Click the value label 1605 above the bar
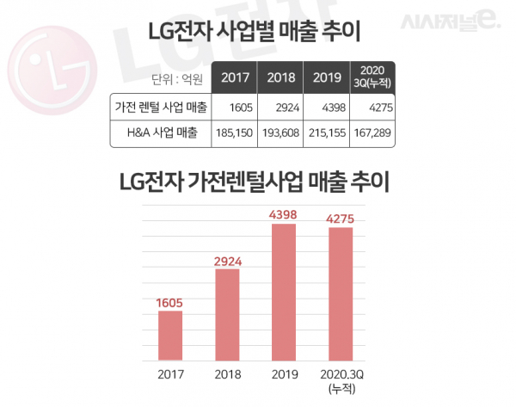169,302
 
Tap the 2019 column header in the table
329,78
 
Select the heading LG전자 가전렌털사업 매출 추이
257,183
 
